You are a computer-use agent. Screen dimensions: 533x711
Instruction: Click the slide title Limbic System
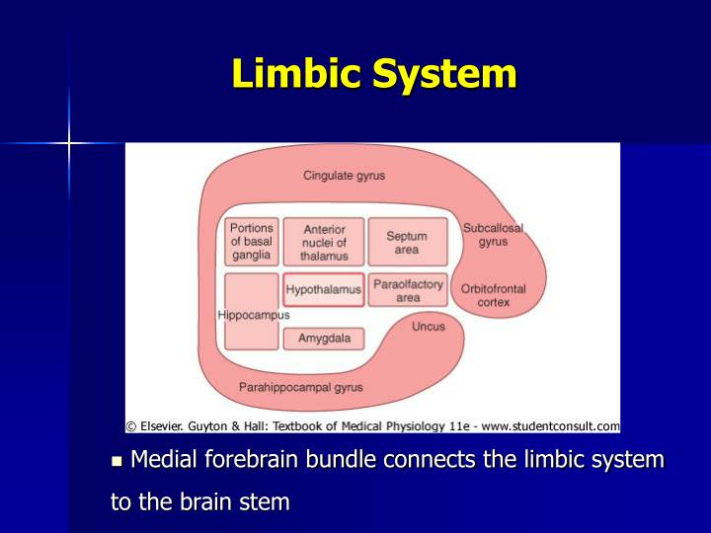[x=374, y=75]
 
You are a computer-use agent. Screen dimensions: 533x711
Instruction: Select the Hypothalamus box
[x=323, y=290]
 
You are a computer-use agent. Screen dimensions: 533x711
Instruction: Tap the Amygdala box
[x=323, y=339]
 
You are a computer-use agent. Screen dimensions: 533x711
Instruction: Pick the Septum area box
[x=407, y=243]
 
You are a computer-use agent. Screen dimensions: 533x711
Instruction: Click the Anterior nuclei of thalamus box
[x=324, y=243]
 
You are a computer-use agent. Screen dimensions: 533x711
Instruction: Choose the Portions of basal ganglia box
[x=252, y=242]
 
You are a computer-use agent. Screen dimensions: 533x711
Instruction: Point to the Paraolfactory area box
[x=408, y=290]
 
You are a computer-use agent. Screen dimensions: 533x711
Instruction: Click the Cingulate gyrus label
[x=344, y=176]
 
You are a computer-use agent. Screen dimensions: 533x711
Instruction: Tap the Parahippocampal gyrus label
[x=301, y=387]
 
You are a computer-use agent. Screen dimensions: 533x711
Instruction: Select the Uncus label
[x=429, y=327]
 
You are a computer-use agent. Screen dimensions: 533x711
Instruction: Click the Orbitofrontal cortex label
[x=493, y=295]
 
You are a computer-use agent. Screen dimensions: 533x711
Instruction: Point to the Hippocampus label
[x=254, y=315]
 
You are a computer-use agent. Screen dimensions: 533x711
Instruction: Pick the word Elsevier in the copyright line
[x=161, y=426]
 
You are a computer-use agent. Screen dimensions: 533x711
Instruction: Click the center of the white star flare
[x=70, y=144]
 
